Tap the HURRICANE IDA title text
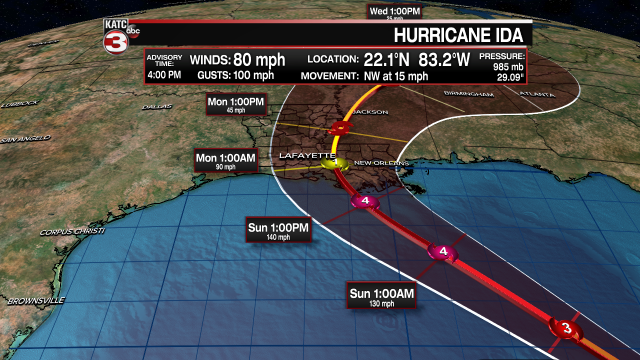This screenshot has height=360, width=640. coord(458,35)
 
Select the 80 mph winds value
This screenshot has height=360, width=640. coord(259,60)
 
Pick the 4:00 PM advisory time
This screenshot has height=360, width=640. coord(164,75)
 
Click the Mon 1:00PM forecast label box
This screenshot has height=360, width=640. coord(236,104)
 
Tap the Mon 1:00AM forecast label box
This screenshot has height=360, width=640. coord(225,160)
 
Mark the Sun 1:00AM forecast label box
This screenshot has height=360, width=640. coord(381,296)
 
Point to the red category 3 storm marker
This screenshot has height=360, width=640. coord(566,328)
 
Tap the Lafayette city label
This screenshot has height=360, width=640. coord(306,156)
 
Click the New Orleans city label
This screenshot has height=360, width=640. coord(381,163)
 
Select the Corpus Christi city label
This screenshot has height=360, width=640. coord(72,232)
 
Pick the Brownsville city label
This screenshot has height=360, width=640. coord(35,301)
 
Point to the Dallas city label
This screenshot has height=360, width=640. coord(156,107)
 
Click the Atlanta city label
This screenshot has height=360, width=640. coord(537,94)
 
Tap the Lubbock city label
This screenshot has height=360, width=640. coord(19,104)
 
